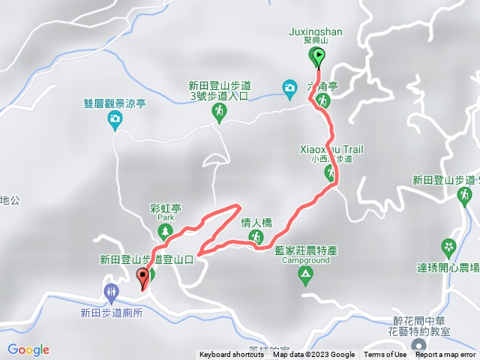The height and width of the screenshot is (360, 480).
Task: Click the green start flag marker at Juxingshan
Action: pyautogui.click(x=318, y=55)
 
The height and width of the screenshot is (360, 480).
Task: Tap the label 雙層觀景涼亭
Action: pyautogui.click(x=115, y=106)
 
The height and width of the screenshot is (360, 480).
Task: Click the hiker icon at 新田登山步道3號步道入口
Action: pyautogui.click(x=219, y=112)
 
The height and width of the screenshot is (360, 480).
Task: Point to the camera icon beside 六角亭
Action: pyautogui.click(x=289, y=88)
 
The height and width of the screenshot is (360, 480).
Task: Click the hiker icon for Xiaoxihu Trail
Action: pyautogui.click(x=331, y=173)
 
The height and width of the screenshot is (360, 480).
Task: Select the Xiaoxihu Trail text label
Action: pyautogui.click(x=331, y=149)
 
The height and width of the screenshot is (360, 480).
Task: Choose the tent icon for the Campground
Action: pyautogui.click(x=305, y=274)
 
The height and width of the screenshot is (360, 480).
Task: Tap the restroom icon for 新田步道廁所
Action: pyautogui.click(x=112, y=291)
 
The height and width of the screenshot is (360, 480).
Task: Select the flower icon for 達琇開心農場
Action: pyautogui.click(x=448, y=246)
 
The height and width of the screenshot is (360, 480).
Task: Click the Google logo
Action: pyautogui.click(x=28, y=349)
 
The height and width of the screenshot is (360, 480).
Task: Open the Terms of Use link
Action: pyautogui.click(x=385, y=355)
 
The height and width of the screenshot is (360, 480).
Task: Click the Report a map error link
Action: pyautogui.click(x=445, y=355)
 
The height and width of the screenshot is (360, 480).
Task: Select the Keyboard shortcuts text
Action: pyautogui.click(x=232, y=355)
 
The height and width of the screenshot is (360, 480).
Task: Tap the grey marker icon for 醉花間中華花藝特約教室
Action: pyautogui.click(x=418, y=346)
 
